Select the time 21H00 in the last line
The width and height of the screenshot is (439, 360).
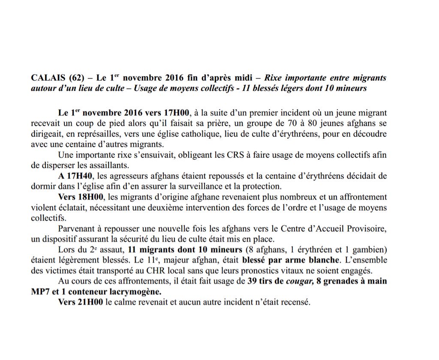pos(88,302)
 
